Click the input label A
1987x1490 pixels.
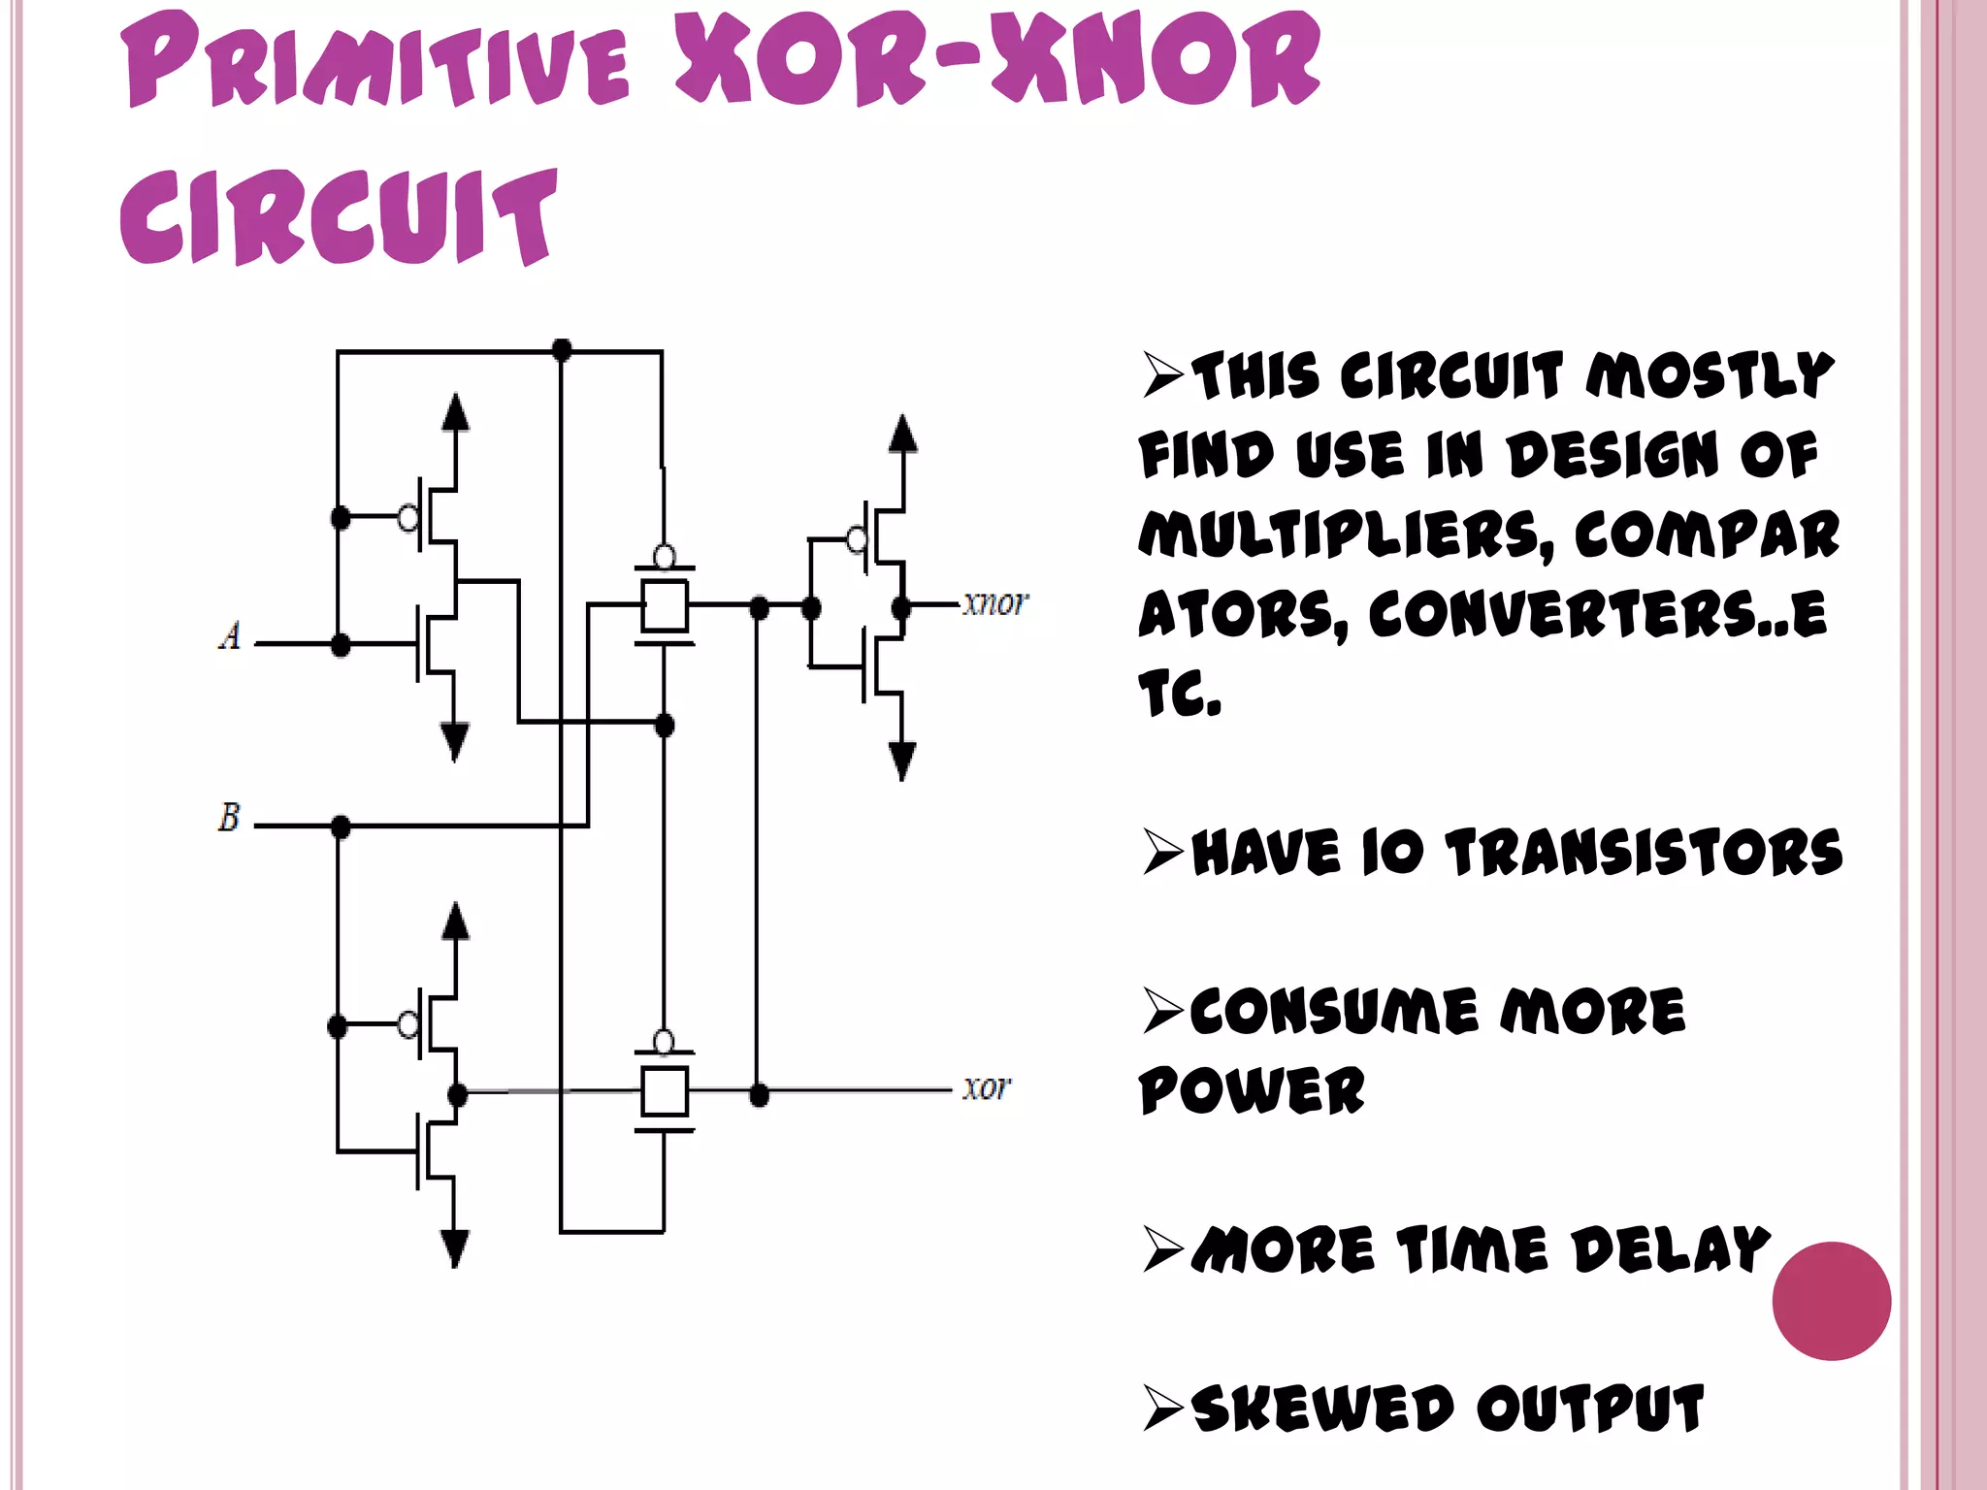point(230,636)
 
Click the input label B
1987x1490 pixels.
point(229,817)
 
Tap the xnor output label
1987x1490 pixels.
point(993,603)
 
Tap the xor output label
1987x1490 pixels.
point(986,1087)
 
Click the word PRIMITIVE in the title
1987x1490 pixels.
point(378,63)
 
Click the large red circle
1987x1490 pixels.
point(1831,1300)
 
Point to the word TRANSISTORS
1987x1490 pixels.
point(1644,853)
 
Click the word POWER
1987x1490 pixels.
point(1252,1090)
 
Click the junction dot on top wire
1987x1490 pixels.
point(561,349)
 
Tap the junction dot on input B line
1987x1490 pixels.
point(341,826)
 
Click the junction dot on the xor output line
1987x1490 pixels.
point(759,1095)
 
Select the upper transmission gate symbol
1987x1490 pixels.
point(665,604)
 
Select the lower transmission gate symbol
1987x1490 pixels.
point(665,1091)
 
